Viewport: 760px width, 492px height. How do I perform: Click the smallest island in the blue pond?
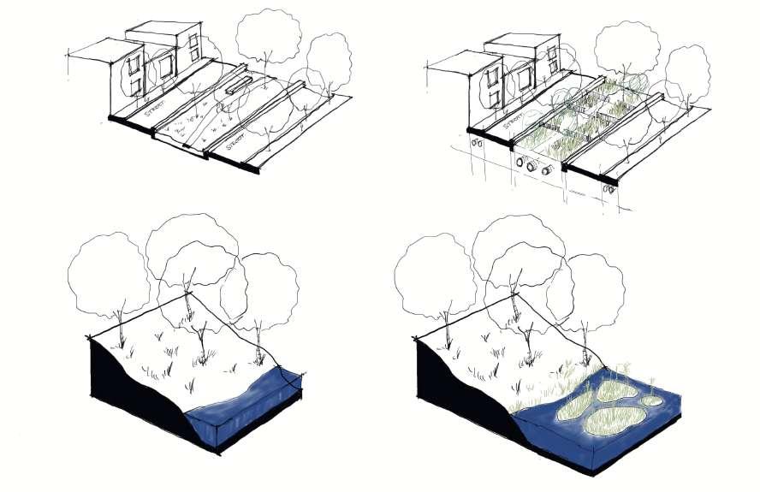click(653, 400)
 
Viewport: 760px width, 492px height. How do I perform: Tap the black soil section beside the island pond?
click(454, 394)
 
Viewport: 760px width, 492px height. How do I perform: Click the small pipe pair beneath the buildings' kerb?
click(477, 145)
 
